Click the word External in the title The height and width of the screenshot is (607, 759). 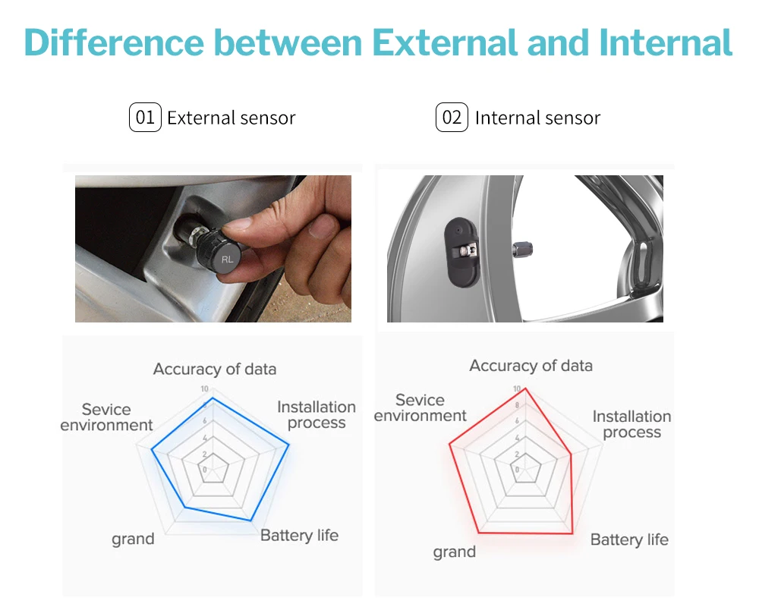pyautogui.click(x=446, y=42)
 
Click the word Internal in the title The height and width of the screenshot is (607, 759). pyautogui.click(x=666, y=42)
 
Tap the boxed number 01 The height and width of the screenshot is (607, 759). pyautogui.click(x=145, y=117)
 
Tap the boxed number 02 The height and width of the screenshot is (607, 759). pyautogui.click(x=452, y=117)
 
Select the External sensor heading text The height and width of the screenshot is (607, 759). pyautogui.click(x=231, y=118)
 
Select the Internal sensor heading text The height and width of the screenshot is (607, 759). pyautogui.click(x=538, y=118)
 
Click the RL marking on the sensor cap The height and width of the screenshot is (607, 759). pyautogui.click(x=227, y=259)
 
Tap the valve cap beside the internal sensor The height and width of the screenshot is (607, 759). pyautogui.click(x=522, y=250)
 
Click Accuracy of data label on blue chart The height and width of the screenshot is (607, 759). pyautogui.click(x=215, y=370)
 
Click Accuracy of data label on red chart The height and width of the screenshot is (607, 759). pyautogui.click(x=531, y=366)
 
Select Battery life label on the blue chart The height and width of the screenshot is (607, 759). pyautogui.click(x=299, y=536)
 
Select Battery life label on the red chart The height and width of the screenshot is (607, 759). pyautogui.click(x=629, y=539)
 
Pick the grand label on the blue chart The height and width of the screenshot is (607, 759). pyautogui.click(x=133, y=539)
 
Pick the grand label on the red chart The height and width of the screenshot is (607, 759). pyautogui.click(x=455, y=552)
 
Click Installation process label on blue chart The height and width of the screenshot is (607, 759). pyautogui.click(x=317, y=415)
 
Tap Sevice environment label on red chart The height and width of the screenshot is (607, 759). pyautogui.click(x=420, y=407)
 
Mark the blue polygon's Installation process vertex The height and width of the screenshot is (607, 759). pyautogui.click(x=289, y=445)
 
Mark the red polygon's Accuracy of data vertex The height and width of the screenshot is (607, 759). pyautogui.click(x=525, y=388)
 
